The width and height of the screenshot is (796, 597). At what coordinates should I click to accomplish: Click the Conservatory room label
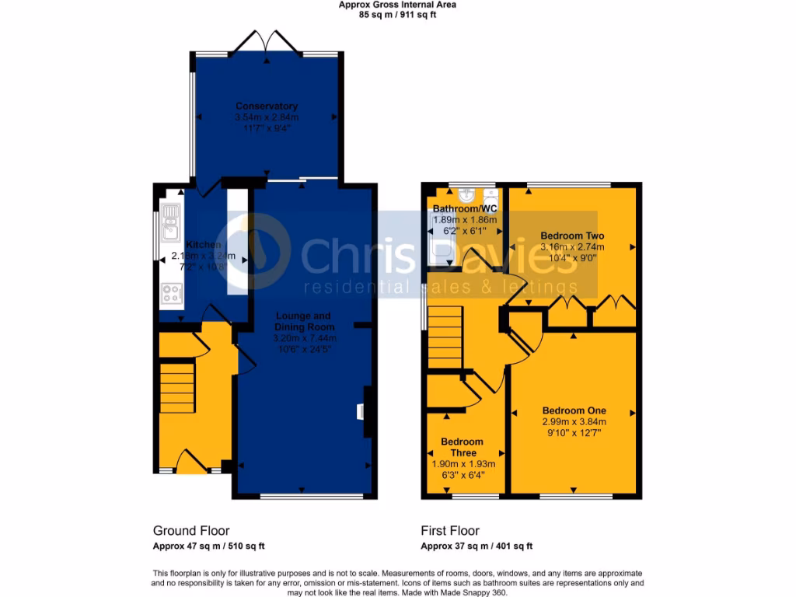tap(267, 106)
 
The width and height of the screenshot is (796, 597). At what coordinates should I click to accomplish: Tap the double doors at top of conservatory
tap(266, 43)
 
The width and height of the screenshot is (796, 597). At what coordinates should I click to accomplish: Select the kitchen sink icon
tap(171, 222)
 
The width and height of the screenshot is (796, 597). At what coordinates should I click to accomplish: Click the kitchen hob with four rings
tap(171, 294)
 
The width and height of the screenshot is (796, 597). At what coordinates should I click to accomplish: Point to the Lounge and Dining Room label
tap(302, 321)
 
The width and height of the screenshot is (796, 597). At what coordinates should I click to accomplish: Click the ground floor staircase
tap(177, 386)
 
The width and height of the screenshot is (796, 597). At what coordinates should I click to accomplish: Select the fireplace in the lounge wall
tap(362, 411)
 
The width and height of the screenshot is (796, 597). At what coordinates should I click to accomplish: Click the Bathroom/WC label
tap(463, 209)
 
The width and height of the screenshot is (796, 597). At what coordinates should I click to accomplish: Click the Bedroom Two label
tap(572, 236)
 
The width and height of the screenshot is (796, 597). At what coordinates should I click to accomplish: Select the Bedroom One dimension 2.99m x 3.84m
tap(574, 421)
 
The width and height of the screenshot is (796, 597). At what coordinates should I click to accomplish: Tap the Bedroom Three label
tap(462, 447)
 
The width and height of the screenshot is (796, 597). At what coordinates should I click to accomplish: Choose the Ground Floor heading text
tap(191, 531)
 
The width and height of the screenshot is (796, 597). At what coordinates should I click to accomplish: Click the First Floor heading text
tap(450, 531)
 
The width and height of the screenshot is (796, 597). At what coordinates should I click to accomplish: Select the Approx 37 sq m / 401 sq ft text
tap(477, 546)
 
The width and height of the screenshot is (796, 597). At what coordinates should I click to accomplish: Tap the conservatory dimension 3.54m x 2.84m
tap(267, 117)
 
